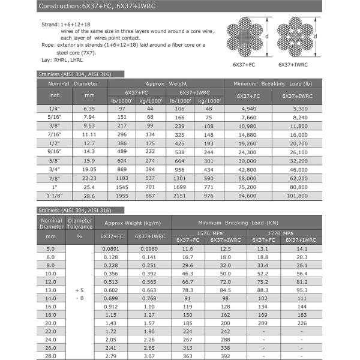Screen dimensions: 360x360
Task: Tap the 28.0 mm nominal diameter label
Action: pyautogui.click(x=50, y=356)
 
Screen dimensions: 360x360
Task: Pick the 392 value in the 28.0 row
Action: pyautogui.click(x=225, y=356)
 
